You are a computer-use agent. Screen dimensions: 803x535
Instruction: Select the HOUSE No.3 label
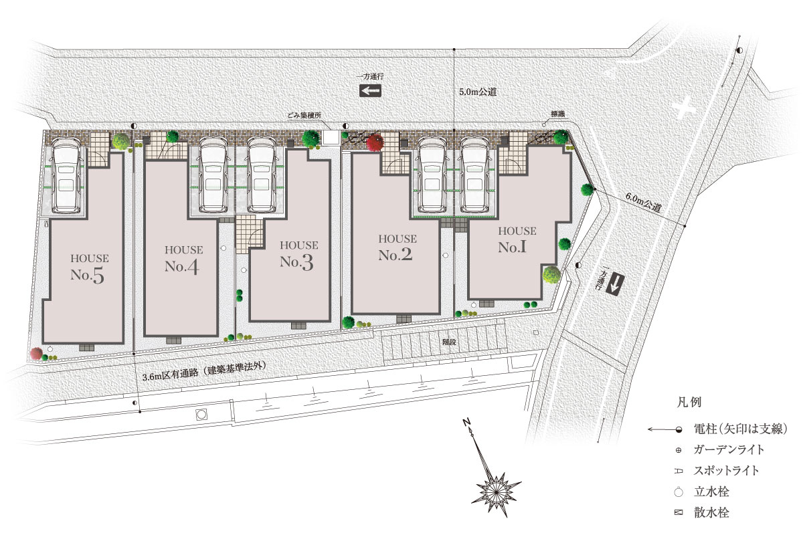tap(298, 255)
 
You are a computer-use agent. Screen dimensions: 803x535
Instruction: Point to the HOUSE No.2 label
tap(397, 248)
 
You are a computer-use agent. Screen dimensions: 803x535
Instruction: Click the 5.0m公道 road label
tap(478, 92)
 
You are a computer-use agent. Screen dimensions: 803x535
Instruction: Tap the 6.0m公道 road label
tap(643, 203)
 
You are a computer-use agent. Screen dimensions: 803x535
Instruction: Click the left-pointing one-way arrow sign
tap(370, 91)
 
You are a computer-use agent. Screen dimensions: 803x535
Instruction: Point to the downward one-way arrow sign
tap(615, 285)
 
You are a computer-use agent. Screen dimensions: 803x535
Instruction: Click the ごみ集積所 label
tap(304, 116)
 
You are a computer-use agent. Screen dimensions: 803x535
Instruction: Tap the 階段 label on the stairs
tap(449, 342)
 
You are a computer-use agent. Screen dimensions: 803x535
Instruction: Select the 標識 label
tap(557, 114)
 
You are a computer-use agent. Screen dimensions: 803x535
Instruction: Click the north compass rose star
tap(496, 494)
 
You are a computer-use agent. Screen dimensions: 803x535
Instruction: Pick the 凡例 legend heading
tap(689, 402)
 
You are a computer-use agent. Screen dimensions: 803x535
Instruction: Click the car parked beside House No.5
tap(66, 175)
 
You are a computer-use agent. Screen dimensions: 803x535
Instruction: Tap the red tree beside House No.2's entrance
tap(375, 143)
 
